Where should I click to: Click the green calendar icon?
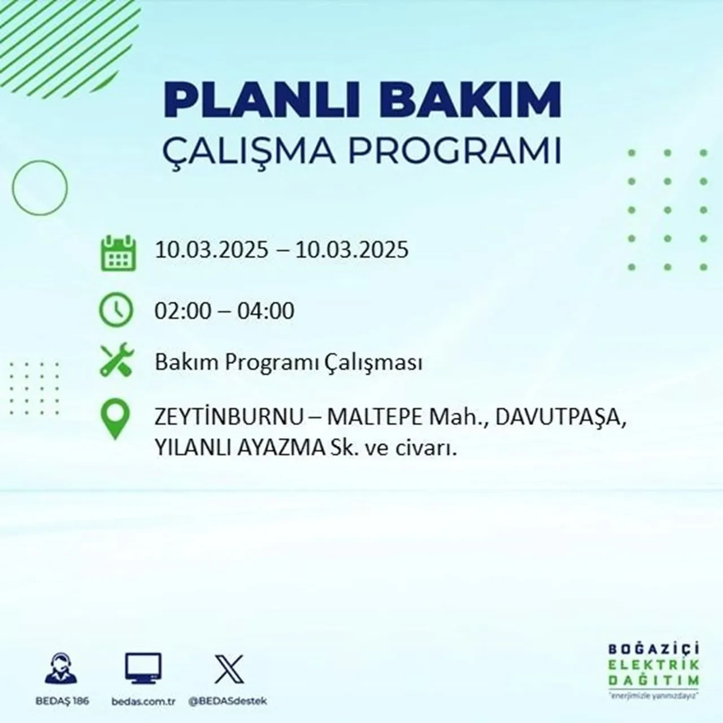tap(118, 253)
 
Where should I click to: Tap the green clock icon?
tap(116, 310)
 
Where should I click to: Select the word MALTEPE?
tap(374, 419)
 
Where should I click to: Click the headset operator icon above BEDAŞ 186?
tap(61, 669)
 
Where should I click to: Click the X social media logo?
tap(229, 669)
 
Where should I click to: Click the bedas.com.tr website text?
tap(143, 701)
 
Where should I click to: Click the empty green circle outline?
tap(40, 188)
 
